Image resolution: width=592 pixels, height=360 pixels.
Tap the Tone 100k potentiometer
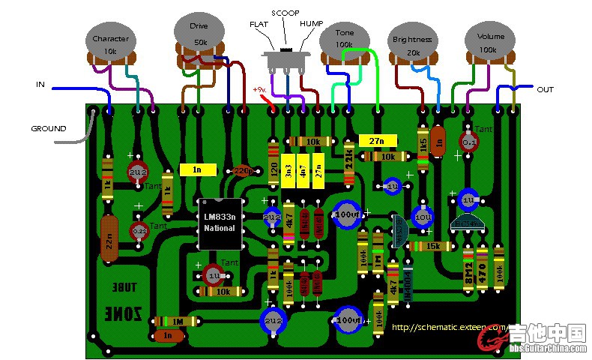point(345,42)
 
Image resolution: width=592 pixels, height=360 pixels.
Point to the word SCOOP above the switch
point(285,13)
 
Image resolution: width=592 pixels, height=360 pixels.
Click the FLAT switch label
point(258,24)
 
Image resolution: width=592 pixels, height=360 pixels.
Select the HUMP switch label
point(312,24)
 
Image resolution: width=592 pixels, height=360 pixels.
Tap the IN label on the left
point(40,85)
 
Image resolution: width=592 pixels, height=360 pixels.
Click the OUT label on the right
point(545,89)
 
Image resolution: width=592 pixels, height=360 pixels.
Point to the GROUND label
point(49,128)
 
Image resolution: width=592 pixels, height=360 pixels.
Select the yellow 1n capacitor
point(196,170)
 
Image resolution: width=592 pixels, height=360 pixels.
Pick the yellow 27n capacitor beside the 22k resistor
point(372,140)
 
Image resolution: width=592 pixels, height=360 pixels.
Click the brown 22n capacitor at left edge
point(109,238)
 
